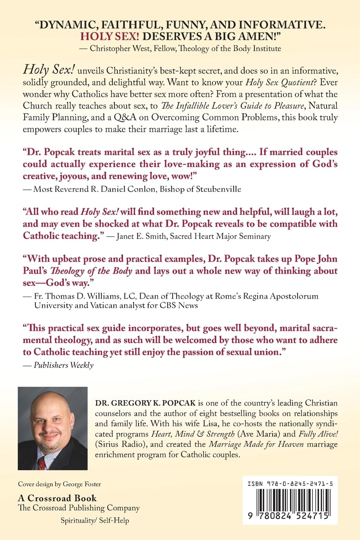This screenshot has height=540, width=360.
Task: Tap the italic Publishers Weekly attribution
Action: coord(64,365)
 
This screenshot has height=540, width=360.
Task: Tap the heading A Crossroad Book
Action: coord(57,498)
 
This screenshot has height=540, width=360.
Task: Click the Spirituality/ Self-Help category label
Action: coord(94,520)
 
